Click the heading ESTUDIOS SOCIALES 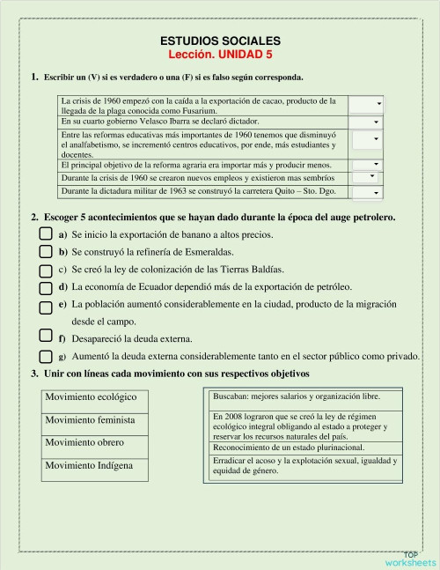tap(221, 41)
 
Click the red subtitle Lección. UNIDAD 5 tap(221, 54)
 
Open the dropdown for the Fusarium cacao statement tap(365, 104)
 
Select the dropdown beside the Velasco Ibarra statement tap(365, 122)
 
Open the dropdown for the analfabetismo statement tap(365, 139)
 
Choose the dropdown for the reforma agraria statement tap(365, 165)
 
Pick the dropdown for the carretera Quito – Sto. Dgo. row tap(365, 192)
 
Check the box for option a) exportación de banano tap(46, 234)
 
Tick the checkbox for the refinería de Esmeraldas tap(46, 252)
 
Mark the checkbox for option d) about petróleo tap(46, 287)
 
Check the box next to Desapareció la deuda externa tap(46, 336)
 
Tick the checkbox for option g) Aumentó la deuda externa tap(46, 355)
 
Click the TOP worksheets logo tap(409, 558)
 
